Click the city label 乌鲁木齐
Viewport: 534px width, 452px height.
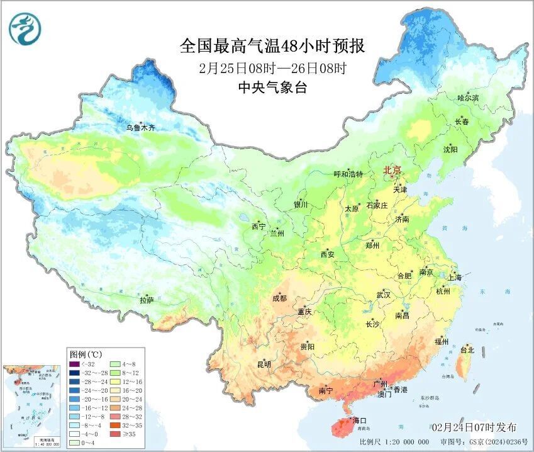[x=140, y=128]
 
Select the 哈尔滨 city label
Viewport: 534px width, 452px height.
[x=468, y=98]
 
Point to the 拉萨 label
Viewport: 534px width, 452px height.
[x=147, y=300]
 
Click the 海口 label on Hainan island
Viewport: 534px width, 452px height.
[x=360, y=420]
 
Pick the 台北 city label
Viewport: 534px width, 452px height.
[x=467, y=350]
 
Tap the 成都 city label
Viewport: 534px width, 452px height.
[x=280, y=298]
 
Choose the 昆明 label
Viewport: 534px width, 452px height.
[x=264, y=364]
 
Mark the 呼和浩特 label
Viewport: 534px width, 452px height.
[x=348, y=174]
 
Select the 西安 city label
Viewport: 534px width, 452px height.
[x=328, y=254]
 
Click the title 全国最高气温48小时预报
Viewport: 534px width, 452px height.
[x=272, y=47]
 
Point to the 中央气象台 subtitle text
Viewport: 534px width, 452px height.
[x=273, y=88]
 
